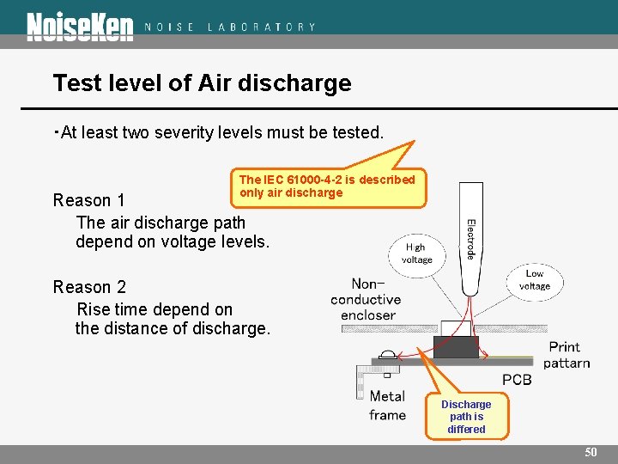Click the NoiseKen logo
click(x=80, y=26)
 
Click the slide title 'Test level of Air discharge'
click(x=202, y=83)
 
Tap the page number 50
click(x=591, y=452)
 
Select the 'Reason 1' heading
click(x=89, y=200)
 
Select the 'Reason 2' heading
click(x=89, y=287)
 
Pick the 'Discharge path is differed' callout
click(x=466, y=416)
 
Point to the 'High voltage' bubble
click(x=417, y=253)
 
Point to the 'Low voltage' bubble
click(x=534, y=280)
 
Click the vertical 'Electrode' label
click(x=471, y=240)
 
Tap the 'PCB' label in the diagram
click(x=516, y=379)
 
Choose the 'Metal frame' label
click(x=387, y=406)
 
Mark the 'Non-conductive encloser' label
click(x=366, y=299)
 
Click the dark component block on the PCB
click(x=456, y=346)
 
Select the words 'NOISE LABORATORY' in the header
click(x=230, y=27)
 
